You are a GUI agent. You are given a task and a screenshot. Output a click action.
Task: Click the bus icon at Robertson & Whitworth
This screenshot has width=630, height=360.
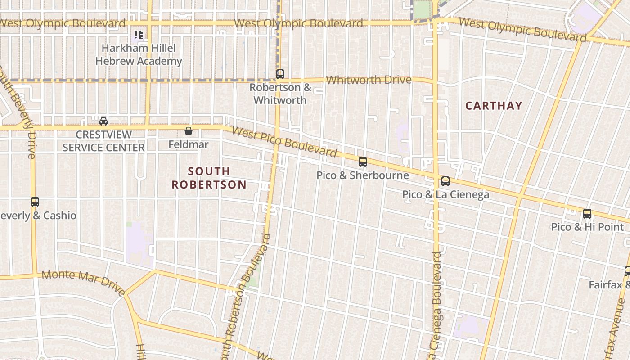(280, 74)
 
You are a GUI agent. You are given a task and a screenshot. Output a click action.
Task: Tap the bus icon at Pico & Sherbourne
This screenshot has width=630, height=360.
(363, 162)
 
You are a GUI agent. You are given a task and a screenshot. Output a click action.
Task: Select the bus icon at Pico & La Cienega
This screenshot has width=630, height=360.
(445, 181)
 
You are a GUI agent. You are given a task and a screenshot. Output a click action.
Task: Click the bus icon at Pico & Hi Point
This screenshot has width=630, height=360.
(587, 214)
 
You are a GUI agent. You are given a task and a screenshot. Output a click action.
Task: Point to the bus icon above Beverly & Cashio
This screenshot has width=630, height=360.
(35, 202)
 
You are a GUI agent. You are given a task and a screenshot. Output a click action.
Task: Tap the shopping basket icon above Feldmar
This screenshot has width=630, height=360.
(189, 131)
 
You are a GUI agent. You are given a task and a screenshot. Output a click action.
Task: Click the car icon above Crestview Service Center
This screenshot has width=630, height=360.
(103, 121)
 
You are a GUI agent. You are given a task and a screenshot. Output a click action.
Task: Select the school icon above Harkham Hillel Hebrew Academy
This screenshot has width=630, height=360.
(139, 34)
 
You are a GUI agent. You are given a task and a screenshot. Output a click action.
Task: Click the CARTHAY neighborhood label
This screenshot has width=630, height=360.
(494, 106)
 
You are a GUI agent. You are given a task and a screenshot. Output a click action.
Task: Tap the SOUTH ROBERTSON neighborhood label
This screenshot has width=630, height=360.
(209, 178)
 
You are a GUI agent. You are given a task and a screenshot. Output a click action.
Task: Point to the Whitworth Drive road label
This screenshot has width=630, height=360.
(369, 80)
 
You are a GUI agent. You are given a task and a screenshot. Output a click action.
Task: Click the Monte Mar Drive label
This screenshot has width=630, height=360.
(83, 283)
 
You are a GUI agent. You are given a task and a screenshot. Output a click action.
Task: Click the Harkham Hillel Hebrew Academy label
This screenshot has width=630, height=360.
(139, 54)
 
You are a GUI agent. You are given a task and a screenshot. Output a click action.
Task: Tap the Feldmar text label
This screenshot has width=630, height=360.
(189, 144)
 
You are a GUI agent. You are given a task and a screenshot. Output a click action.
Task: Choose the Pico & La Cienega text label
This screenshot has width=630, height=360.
(445, 195)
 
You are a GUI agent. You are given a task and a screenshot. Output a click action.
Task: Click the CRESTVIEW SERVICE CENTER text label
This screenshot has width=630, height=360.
(103, 141)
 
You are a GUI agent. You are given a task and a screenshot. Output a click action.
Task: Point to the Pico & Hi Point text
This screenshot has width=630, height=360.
(588, 227)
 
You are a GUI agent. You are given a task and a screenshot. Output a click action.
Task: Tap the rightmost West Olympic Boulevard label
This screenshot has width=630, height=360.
(522, 29)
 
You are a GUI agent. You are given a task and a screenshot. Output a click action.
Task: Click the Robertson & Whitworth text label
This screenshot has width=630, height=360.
(280, 94)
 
